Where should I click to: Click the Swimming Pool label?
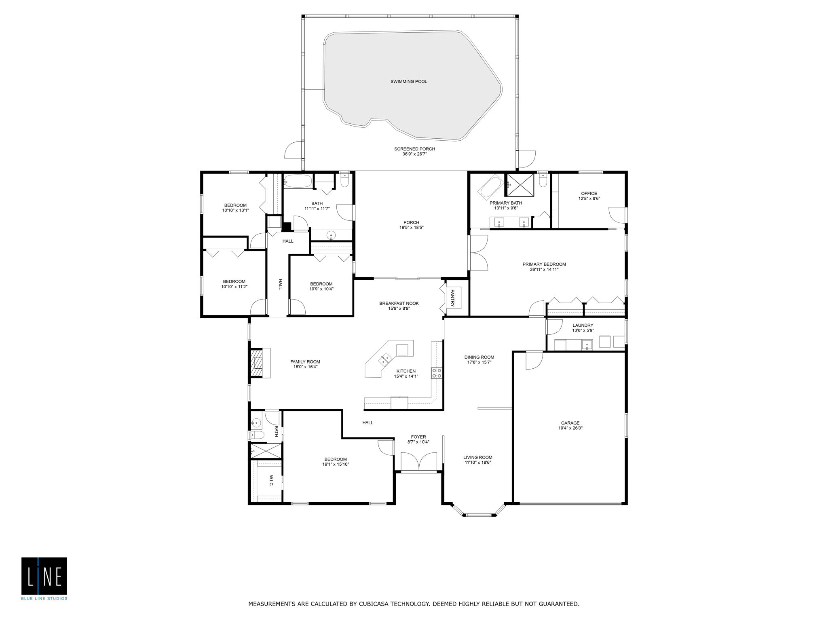408,82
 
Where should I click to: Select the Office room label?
589,194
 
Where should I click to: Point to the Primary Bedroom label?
544,264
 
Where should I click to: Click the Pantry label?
452,298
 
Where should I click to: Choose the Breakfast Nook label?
399,303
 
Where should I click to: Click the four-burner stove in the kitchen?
437,373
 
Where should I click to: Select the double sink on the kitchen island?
385,358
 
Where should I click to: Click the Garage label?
570,423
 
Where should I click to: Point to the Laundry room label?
583,325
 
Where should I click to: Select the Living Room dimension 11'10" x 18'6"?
477,463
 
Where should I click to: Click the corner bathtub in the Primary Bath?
492,187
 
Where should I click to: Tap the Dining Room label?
479,357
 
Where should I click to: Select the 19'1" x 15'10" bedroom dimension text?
335,465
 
